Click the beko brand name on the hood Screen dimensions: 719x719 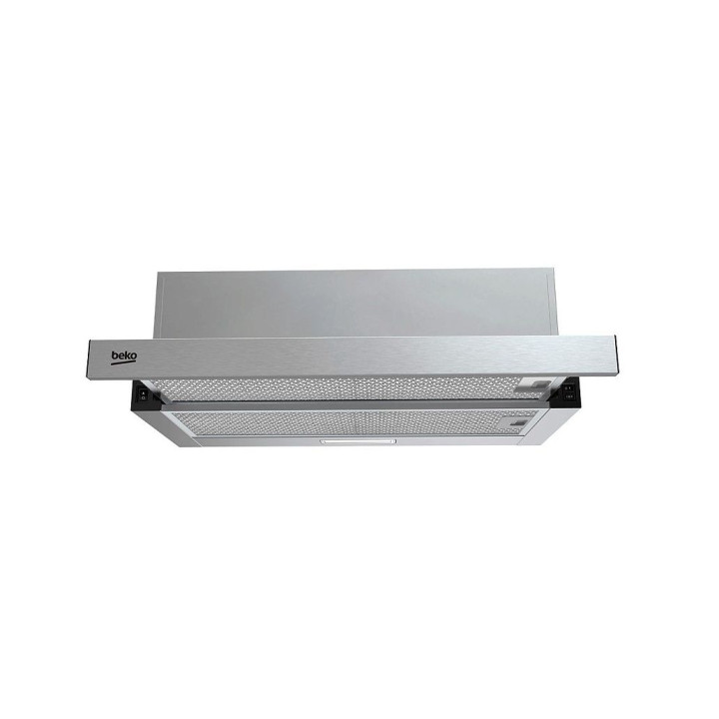(x=124, y=357)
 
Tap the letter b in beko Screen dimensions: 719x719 (x=115, y=356)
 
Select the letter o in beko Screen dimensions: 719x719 (x=133, y=358)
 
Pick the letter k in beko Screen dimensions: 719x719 (x=127, y=357)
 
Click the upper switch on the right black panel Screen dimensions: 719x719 (x=569, y=389)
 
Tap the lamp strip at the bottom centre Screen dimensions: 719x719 (x=359, y=441)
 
